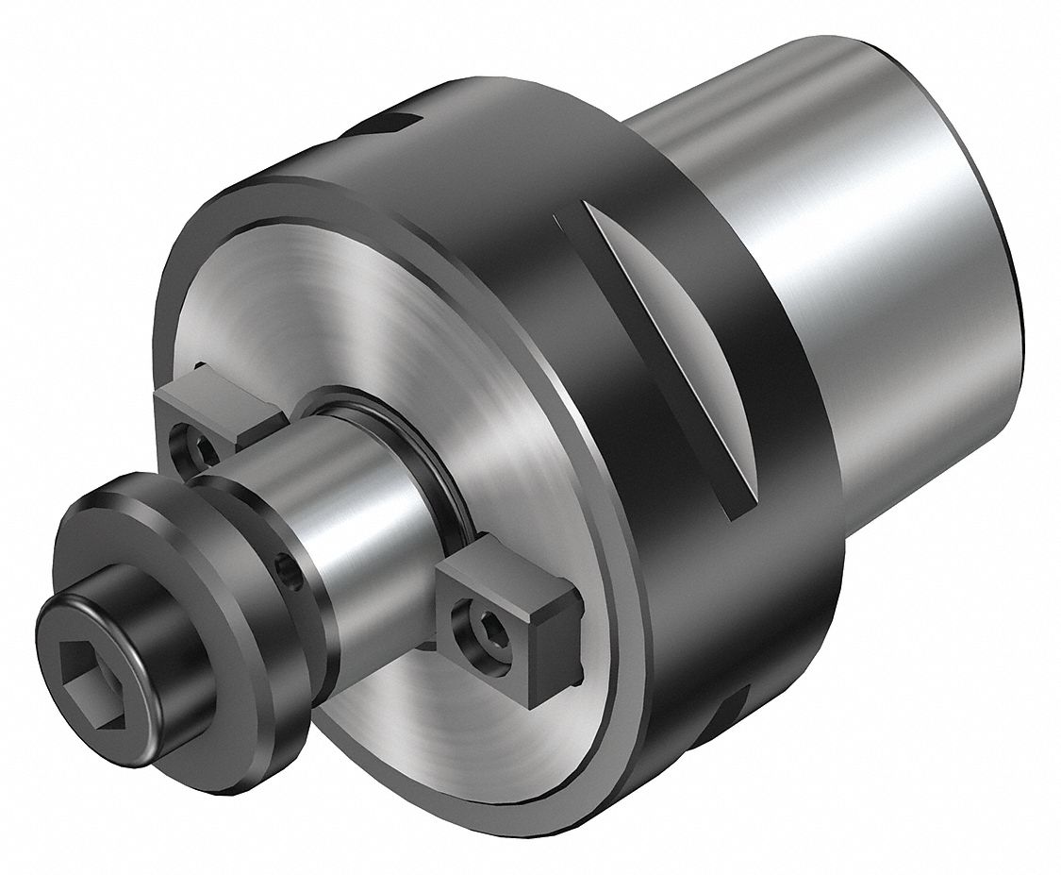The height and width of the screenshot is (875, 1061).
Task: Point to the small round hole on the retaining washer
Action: point(286,567)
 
